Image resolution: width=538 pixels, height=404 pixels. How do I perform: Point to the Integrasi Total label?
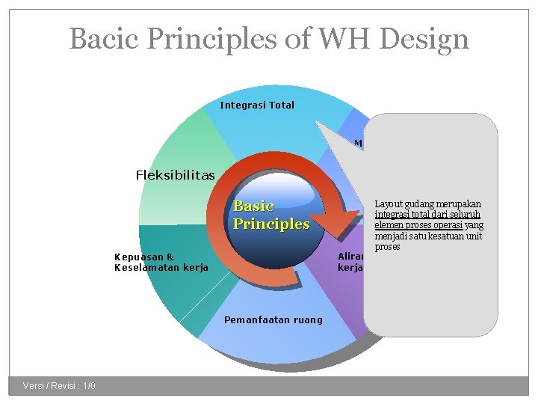(257, 105)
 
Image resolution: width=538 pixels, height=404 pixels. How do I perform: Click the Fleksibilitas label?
(175, 175)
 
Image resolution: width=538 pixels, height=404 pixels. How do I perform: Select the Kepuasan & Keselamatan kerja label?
(161, 262)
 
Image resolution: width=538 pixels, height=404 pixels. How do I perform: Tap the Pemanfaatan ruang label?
(273, 319)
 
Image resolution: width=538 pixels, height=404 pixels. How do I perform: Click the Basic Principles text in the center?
(270, 215)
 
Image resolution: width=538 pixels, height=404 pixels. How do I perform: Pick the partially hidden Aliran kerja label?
(350, 261)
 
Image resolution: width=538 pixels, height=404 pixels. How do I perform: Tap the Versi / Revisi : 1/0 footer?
(59, 385)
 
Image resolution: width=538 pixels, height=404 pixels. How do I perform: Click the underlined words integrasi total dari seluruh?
(427, 215)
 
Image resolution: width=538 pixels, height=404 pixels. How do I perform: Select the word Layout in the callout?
(389, 204)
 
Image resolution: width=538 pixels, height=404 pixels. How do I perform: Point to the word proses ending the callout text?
(387, 247)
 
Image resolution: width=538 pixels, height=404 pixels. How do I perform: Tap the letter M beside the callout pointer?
(358, 143)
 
